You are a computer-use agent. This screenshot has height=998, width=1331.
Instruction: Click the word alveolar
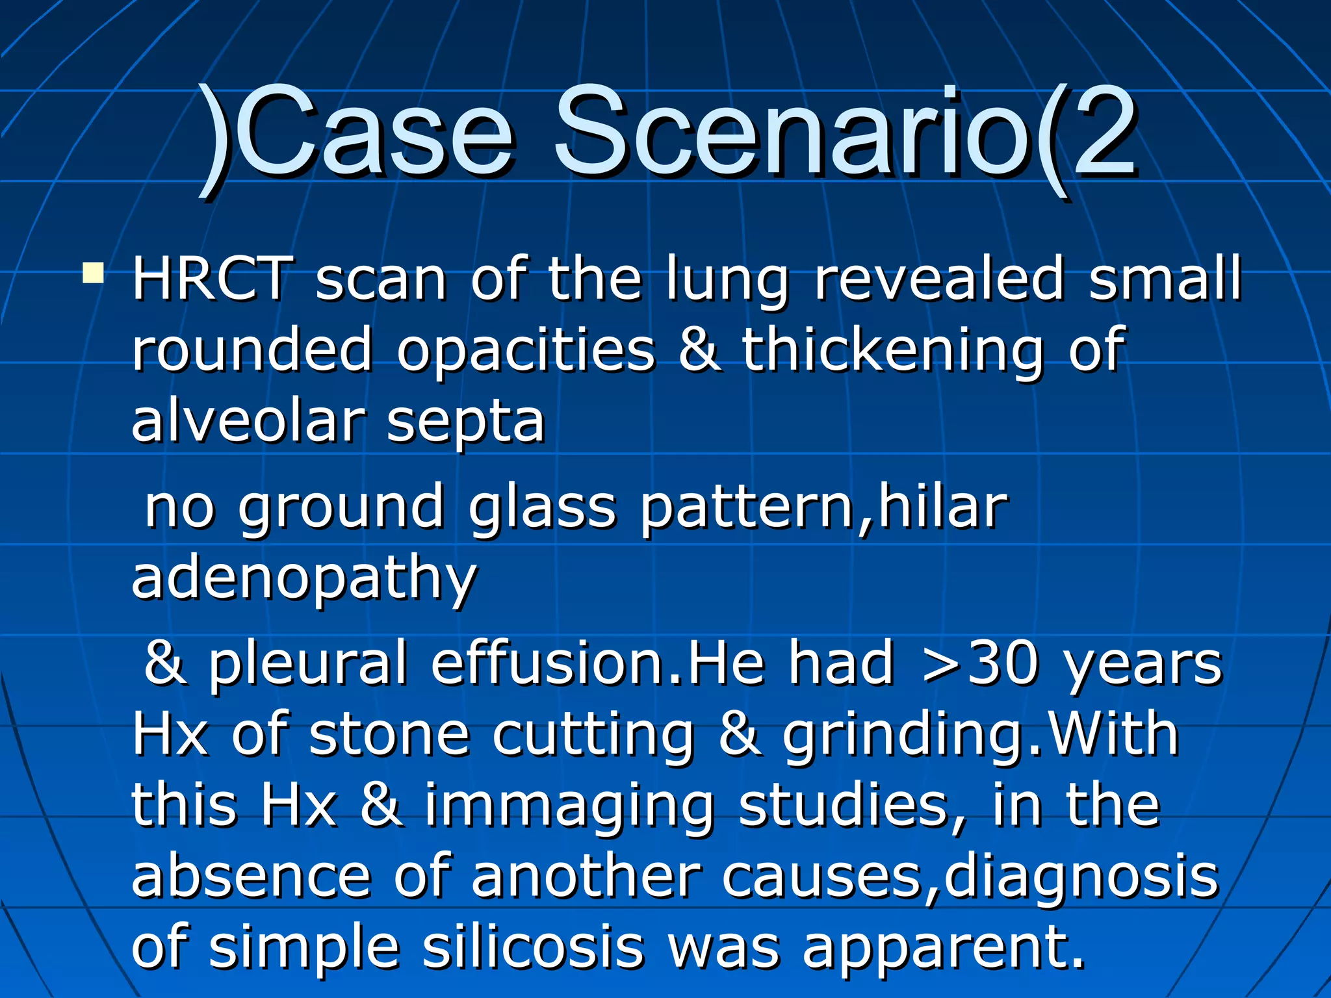[248, 421]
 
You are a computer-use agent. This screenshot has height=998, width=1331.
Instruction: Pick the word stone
[389, 736]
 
